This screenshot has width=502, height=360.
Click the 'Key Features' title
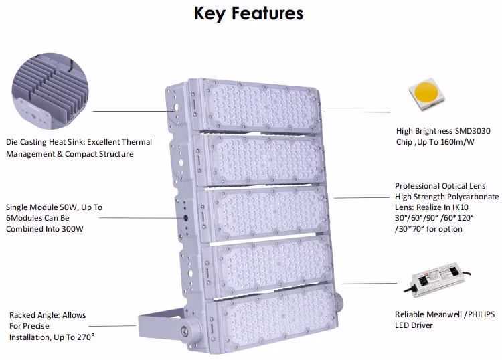click(248, 13)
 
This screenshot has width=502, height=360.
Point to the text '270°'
click(83, 337)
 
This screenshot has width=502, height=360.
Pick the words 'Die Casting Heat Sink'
click(44, 142)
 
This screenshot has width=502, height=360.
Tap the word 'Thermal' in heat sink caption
click(137, 142)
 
